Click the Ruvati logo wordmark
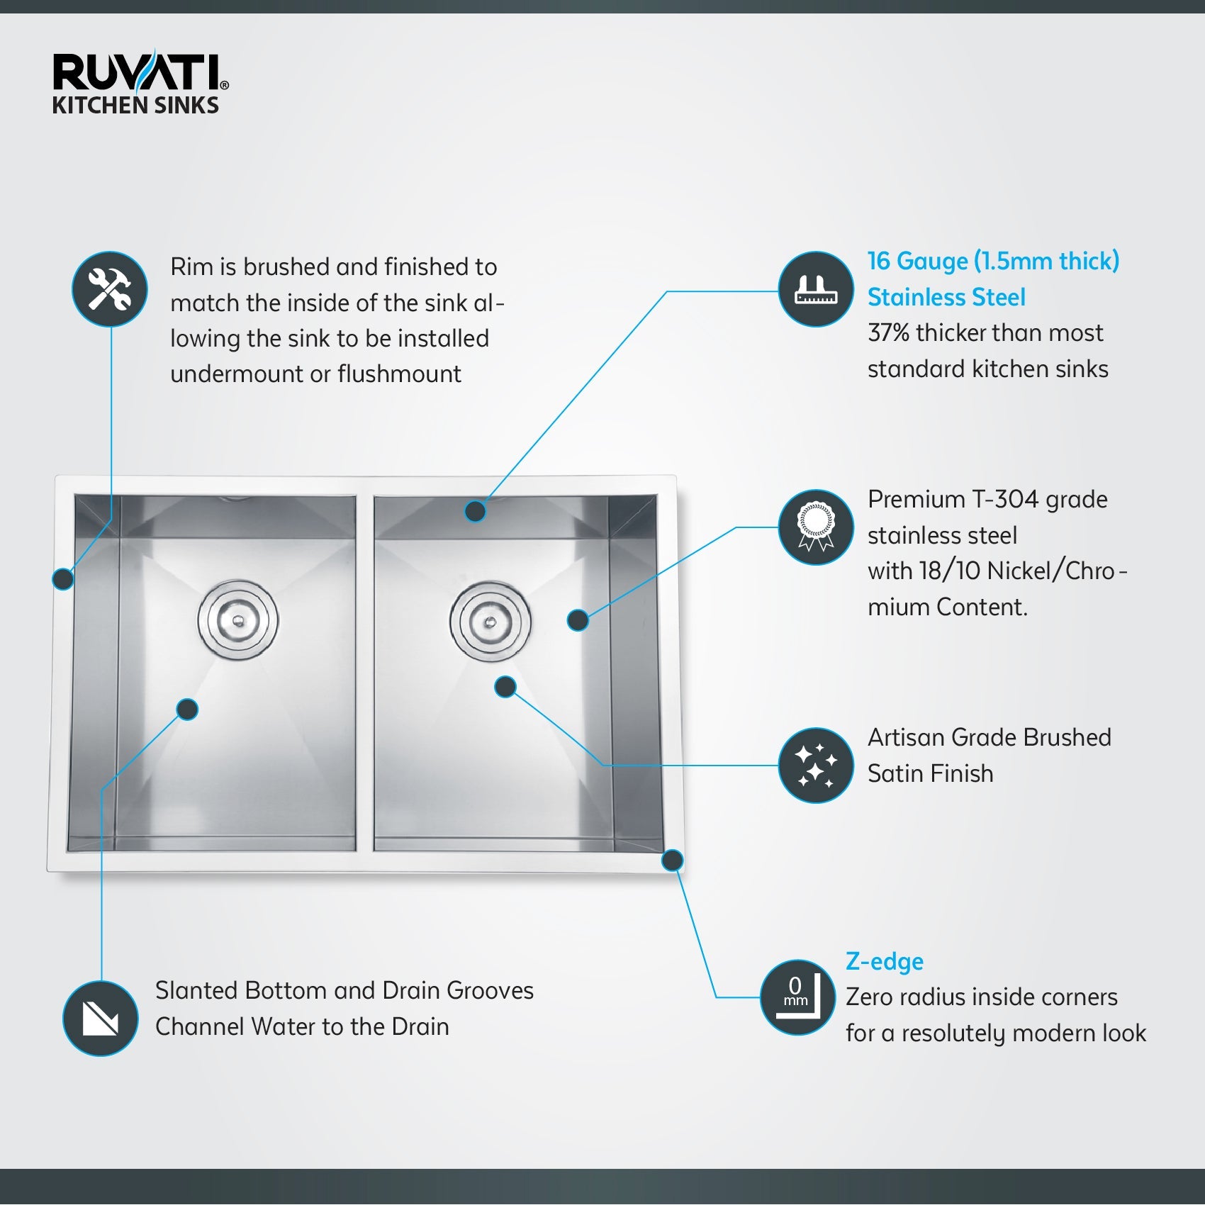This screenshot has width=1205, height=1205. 138,73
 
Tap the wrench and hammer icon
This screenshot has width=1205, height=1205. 110,289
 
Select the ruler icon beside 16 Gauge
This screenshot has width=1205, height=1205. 816,289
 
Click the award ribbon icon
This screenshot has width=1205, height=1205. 816,527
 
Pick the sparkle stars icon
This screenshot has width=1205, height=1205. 816,766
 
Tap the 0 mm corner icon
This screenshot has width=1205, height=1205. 797,997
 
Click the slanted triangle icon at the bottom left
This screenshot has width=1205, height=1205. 101,1019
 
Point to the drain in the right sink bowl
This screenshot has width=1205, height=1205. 490,622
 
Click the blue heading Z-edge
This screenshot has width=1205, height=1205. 884,962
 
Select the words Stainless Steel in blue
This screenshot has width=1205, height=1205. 946,297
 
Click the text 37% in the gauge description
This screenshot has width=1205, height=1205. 888,332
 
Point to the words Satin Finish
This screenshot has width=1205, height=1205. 930,773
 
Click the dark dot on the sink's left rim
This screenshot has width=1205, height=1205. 63,579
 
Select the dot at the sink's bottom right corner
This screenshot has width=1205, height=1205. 672,861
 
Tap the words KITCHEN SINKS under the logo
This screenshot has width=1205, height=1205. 135,106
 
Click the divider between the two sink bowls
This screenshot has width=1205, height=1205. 364,673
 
